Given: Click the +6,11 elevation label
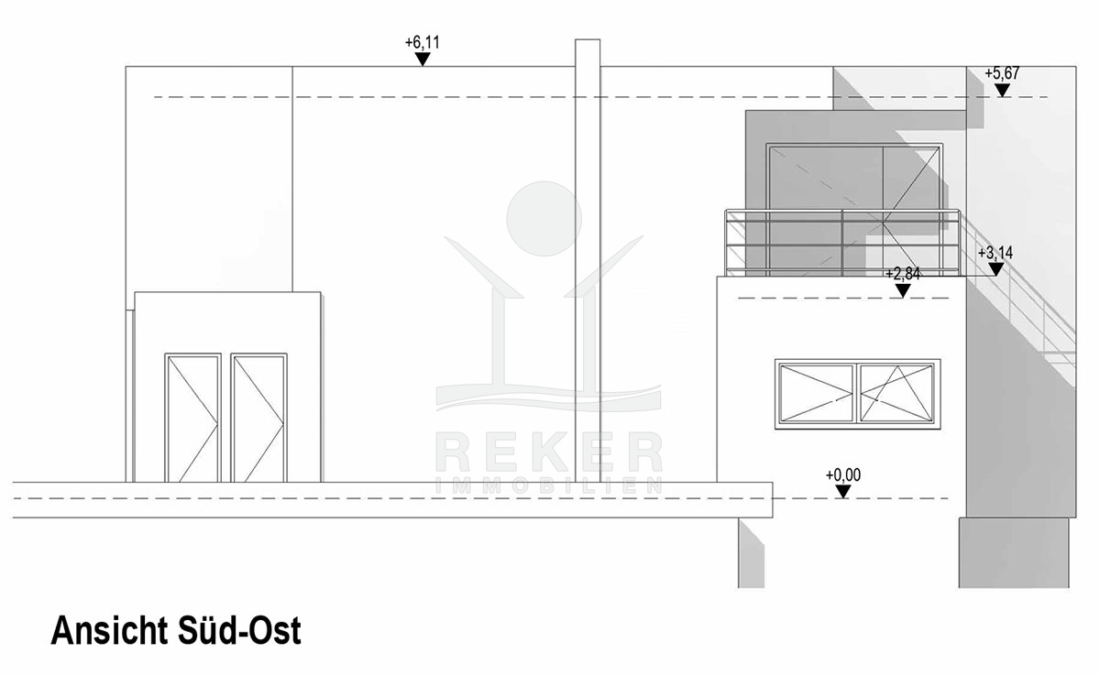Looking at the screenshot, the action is click(422, 43).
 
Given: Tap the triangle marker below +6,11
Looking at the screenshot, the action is click(423, 59).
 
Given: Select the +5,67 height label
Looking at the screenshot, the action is click(1002, 73).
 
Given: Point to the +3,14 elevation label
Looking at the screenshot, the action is click(995, 253).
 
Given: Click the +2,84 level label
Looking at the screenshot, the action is click(903, 274).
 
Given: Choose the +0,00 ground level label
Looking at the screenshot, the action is click(843, 474).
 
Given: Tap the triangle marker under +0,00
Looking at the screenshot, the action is click(843, 492).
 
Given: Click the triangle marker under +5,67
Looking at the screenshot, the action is click(1002, 91).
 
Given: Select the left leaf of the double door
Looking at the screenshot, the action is click(192, 418).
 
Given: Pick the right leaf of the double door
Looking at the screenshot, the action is click(258, 418).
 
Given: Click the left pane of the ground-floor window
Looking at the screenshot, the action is click(816, 394).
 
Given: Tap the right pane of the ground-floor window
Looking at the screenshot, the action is click(897, 394).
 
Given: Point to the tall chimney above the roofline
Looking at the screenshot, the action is click(588, 260).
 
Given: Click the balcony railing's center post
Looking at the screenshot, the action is click(842, 243).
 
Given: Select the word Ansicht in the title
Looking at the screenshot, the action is click(109, 630).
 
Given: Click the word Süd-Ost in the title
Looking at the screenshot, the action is click(239, 630).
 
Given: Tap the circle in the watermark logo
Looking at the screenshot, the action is click(544, 219).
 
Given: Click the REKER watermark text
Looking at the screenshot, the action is click(549, 452).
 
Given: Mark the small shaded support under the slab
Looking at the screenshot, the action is click(752, 552).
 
